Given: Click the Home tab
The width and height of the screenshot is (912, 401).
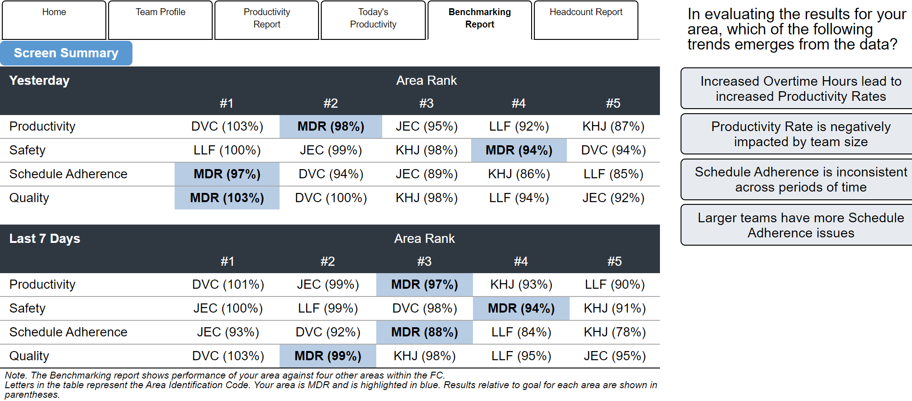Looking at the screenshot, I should (x=54, y=20).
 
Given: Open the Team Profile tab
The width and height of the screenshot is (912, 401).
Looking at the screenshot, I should (x=160, y=20).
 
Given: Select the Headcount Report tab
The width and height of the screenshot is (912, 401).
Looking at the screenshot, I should (x=586, y=20).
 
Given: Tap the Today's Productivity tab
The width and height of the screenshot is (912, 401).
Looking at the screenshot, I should (x=373, y=20).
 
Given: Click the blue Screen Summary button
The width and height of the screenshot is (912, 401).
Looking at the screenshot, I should (x=66, y=53).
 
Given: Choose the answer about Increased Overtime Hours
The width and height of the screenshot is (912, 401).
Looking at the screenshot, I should (x=800, y=88).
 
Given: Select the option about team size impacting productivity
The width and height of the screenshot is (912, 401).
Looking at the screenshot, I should (x=800, y=134).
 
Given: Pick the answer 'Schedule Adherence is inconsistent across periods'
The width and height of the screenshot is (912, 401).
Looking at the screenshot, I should (x=800, y=179).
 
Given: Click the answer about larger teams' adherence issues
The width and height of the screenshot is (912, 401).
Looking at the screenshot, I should (x=800, y=225).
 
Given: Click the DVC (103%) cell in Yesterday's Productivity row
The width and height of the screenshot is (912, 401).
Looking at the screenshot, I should (x=227, y=126).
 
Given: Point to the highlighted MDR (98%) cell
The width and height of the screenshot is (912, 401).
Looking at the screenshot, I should (x=330, y=126).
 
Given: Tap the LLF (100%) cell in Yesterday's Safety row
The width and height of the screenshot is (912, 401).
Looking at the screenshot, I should (x=227, y=150).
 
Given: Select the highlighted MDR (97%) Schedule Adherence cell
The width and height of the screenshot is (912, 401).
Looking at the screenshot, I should (x=227, y=174).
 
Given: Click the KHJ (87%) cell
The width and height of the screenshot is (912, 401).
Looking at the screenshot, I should (x=613, y=126).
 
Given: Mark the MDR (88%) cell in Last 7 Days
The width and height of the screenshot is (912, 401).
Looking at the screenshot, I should (x=424, y=332).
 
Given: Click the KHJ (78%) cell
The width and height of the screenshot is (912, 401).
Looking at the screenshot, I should (x=615, y=332).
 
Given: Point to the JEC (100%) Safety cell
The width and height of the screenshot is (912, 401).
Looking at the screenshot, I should (x=228, y=308).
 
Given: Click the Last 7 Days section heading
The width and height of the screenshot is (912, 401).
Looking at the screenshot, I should (x=44, y=239).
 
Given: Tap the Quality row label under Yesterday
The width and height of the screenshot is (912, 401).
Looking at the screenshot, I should (x=29, y=198).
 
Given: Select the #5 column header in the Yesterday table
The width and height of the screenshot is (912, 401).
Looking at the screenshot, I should (x=613, y=104).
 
